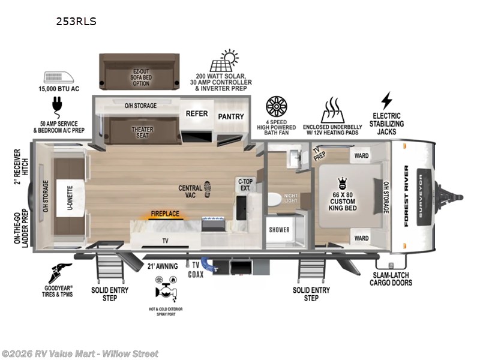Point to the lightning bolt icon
(x=386, y=100)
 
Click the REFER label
(x=196, y=113)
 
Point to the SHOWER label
(x=279, y=230)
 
